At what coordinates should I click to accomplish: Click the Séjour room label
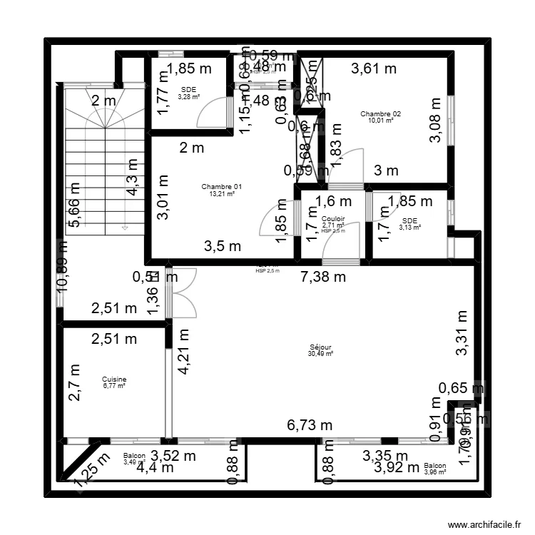(320, 347)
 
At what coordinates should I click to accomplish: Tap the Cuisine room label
(113, 379)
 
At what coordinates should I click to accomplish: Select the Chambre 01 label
(222, 187)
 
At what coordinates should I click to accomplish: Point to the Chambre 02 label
(380, 114)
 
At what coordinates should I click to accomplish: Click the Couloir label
(333, 219)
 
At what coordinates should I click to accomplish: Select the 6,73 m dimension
(310, 426)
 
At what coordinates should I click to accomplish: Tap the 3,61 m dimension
(374, 69)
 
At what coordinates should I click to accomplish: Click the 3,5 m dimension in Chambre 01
(222, 246)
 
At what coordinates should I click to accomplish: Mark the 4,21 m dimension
(183, 352)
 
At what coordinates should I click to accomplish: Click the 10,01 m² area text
(380, 121)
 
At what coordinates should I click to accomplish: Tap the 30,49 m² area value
(320, 354)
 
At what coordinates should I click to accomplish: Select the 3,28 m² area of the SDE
(188, 97)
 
